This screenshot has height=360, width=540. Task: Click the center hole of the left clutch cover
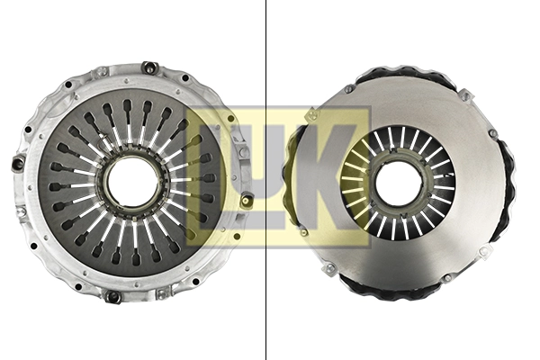point(133,181)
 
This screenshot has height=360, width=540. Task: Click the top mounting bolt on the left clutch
point(149,67)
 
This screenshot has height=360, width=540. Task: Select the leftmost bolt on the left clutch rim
point(17,164)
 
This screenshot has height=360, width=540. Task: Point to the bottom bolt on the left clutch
point(113,296)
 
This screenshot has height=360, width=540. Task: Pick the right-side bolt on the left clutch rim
point(247,200)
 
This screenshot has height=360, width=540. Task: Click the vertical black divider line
point(266,180)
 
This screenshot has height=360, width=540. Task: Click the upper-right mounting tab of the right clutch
point(464,94)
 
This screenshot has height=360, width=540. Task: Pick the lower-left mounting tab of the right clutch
point(329,268)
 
